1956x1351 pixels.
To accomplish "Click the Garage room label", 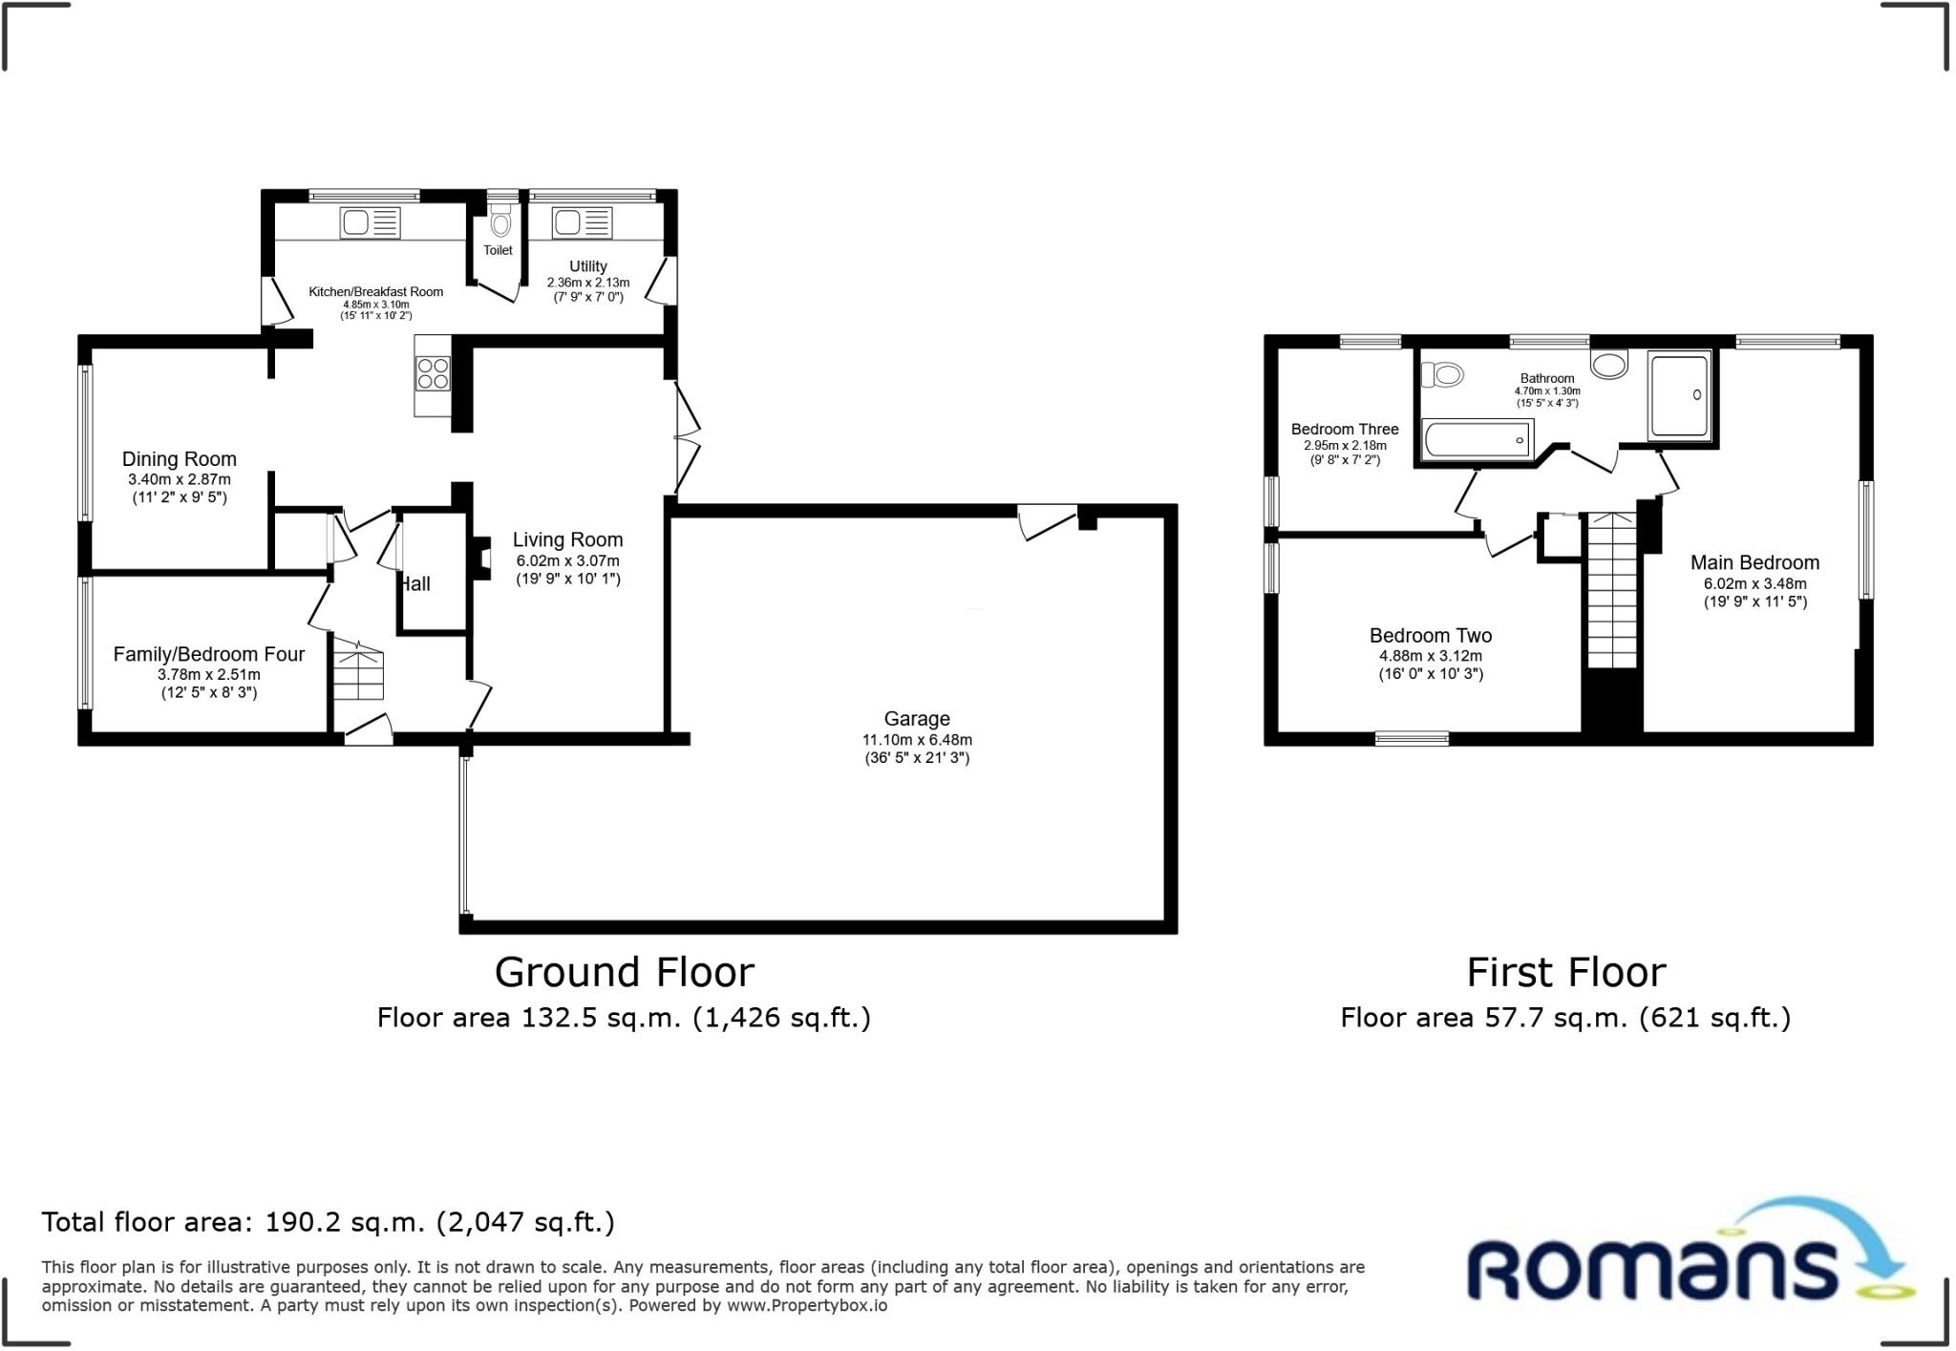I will pyautogui.click(x=917, y=719).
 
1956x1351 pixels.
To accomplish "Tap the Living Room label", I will pyautogui.click(x=567, y=540).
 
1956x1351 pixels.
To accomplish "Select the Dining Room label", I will pyautogui.click(x=179, y=459).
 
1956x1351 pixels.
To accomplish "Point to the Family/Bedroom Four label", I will pyautogui.click(x=208, y=654).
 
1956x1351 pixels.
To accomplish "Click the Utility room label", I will pyautogui.click(x=587, y=266).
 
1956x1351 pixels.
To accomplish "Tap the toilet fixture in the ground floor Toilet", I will pyautogui.click(x=500, y=222).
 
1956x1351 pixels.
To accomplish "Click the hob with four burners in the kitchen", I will pyautogui.click(x=434, y=373).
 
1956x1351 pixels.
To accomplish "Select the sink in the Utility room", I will pyautogui.click(x=582, y=223).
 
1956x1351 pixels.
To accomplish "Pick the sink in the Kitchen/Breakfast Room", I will pyautogui.click(x=370, y=223).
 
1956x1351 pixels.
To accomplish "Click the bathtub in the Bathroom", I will pyautogui.click(x=1477, y=440).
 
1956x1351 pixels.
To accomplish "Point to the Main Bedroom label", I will pyautogui.click(x=1754, y=563).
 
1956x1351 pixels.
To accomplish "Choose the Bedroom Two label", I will pyautogui.click(x=1430, y=636).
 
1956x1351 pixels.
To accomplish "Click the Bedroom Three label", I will pyautogui.click(x=1344, y=430).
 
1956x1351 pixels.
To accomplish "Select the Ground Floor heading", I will pyautogui.click(x=624, y=973).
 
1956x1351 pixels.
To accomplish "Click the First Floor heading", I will pyautogui.click(x=1565, y=973).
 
